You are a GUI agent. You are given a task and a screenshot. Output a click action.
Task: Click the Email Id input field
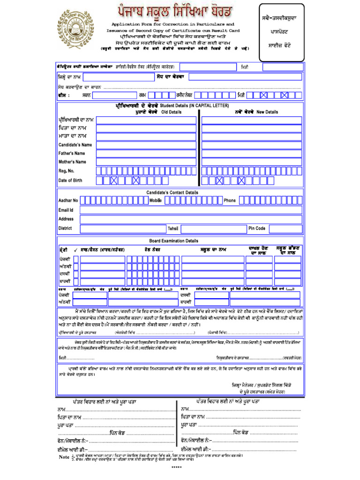pos(190,210)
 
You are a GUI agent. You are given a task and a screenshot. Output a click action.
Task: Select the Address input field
pos(190,219)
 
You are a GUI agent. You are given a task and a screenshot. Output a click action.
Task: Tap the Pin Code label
pos(257,228)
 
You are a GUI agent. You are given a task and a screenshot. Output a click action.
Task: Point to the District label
pos(65,228)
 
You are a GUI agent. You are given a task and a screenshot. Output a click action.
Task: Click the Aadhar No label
pos(68,201)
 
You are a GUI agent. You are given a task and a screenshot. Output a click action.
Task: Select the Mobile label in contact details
pos(156,200)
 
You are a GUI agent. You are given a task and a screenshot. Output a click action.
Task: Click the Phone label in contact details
pos(230,201)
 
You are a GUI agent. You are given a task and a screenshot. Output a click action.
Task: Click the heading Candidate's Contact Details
pos(172,193)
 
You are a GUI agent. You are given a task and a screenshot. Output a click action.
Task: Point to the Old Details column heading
pos(172,112)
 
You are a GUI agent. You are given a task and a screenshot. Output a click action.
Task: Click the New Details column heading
pos(267,112)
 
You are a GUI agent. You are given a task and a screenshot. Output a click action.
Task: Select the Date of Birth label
pos(70,180)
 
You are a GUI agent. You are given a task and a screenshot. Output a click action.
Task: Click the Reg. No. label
pos(66,171)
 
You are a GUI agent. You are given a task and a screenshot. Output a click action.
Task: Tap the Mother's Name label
pos(72,162)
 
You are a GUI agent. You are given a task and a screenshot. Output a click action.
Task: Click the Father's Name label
pos(72,153)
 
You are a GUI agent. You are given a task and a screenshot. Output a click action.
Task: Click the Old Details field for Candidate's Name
pos(147,145)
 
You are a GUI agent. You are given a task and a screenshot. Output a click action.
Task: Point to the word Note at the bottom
pos(64,457)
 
